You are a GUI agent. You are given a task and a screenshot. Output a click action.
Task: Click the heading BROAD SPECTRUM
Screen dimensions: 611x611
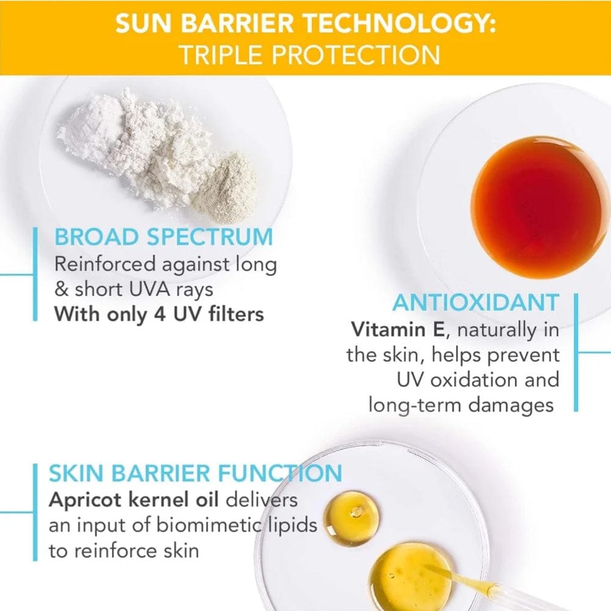point(163,237)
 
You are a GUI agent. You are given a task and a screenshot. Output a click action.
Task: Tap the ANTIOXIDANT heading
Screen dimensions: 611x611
point(475,302)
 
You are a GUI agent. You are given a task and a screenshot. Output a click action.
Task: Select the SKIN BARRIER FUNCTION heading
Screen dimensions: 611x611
point(195,474)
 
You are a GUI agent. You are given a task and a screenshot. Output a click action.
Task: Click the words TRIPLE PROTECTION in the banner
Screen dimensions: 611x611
point(309,54)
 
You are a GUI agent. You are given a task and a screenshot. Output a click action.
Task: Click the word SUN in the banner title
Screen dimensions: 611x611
point(143,24)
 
